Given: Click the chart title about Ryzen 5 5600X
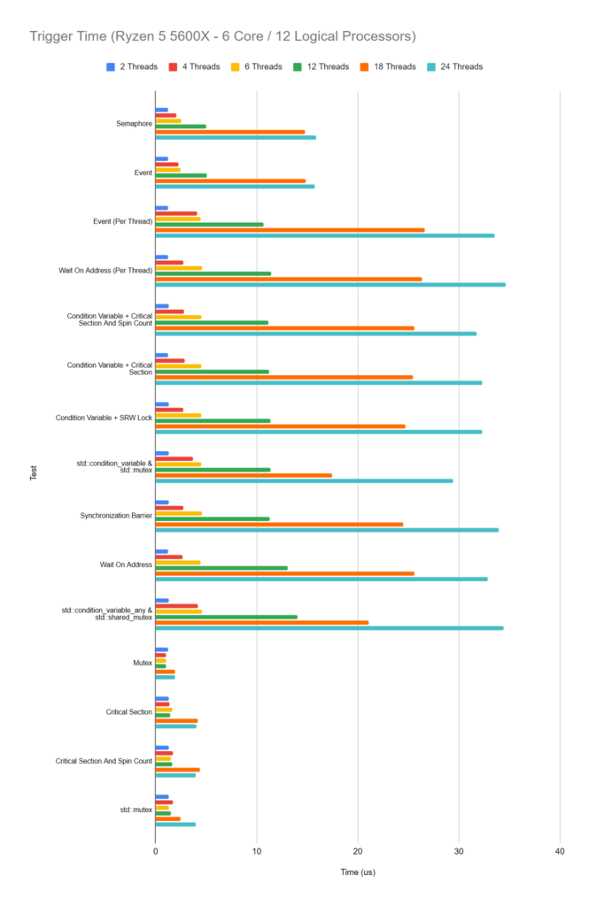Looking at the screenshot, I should click(x=222, y=36).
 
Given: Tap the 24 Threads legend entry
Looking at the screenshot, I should click(x=454, y=66).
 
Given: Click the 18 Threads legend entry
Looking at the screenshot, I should click(x=390, y=66).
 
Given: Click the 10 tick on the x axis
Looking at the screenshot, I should click(x=257, y=851).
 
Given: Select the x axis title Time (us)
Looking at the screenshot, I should click(x=358, y=872).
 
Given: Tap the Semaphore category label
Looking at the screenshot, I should click(x=134, y=123).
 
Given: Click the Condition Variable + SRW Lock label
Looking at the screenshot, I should click(x=104, y=417).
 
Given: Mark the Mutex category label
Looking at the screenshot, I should click(x=142, y=662).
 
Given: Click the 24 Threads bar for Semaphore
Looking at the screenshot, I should click(x=236, y=137).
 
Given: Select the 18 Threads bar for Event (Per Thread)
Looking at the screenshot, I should click(x=290, y=230).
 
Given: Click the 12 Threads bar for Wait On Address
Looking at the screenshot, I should click(x=221, y=568).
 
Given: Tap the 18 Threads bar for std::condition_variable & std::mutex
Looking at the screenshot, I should click(x=244, y=475).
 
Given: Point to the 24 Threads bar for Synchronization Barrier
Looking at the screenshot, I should click(x=327, y=530).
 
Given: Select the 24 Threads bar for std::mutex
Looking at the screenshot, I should click(x=175, y=824).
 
